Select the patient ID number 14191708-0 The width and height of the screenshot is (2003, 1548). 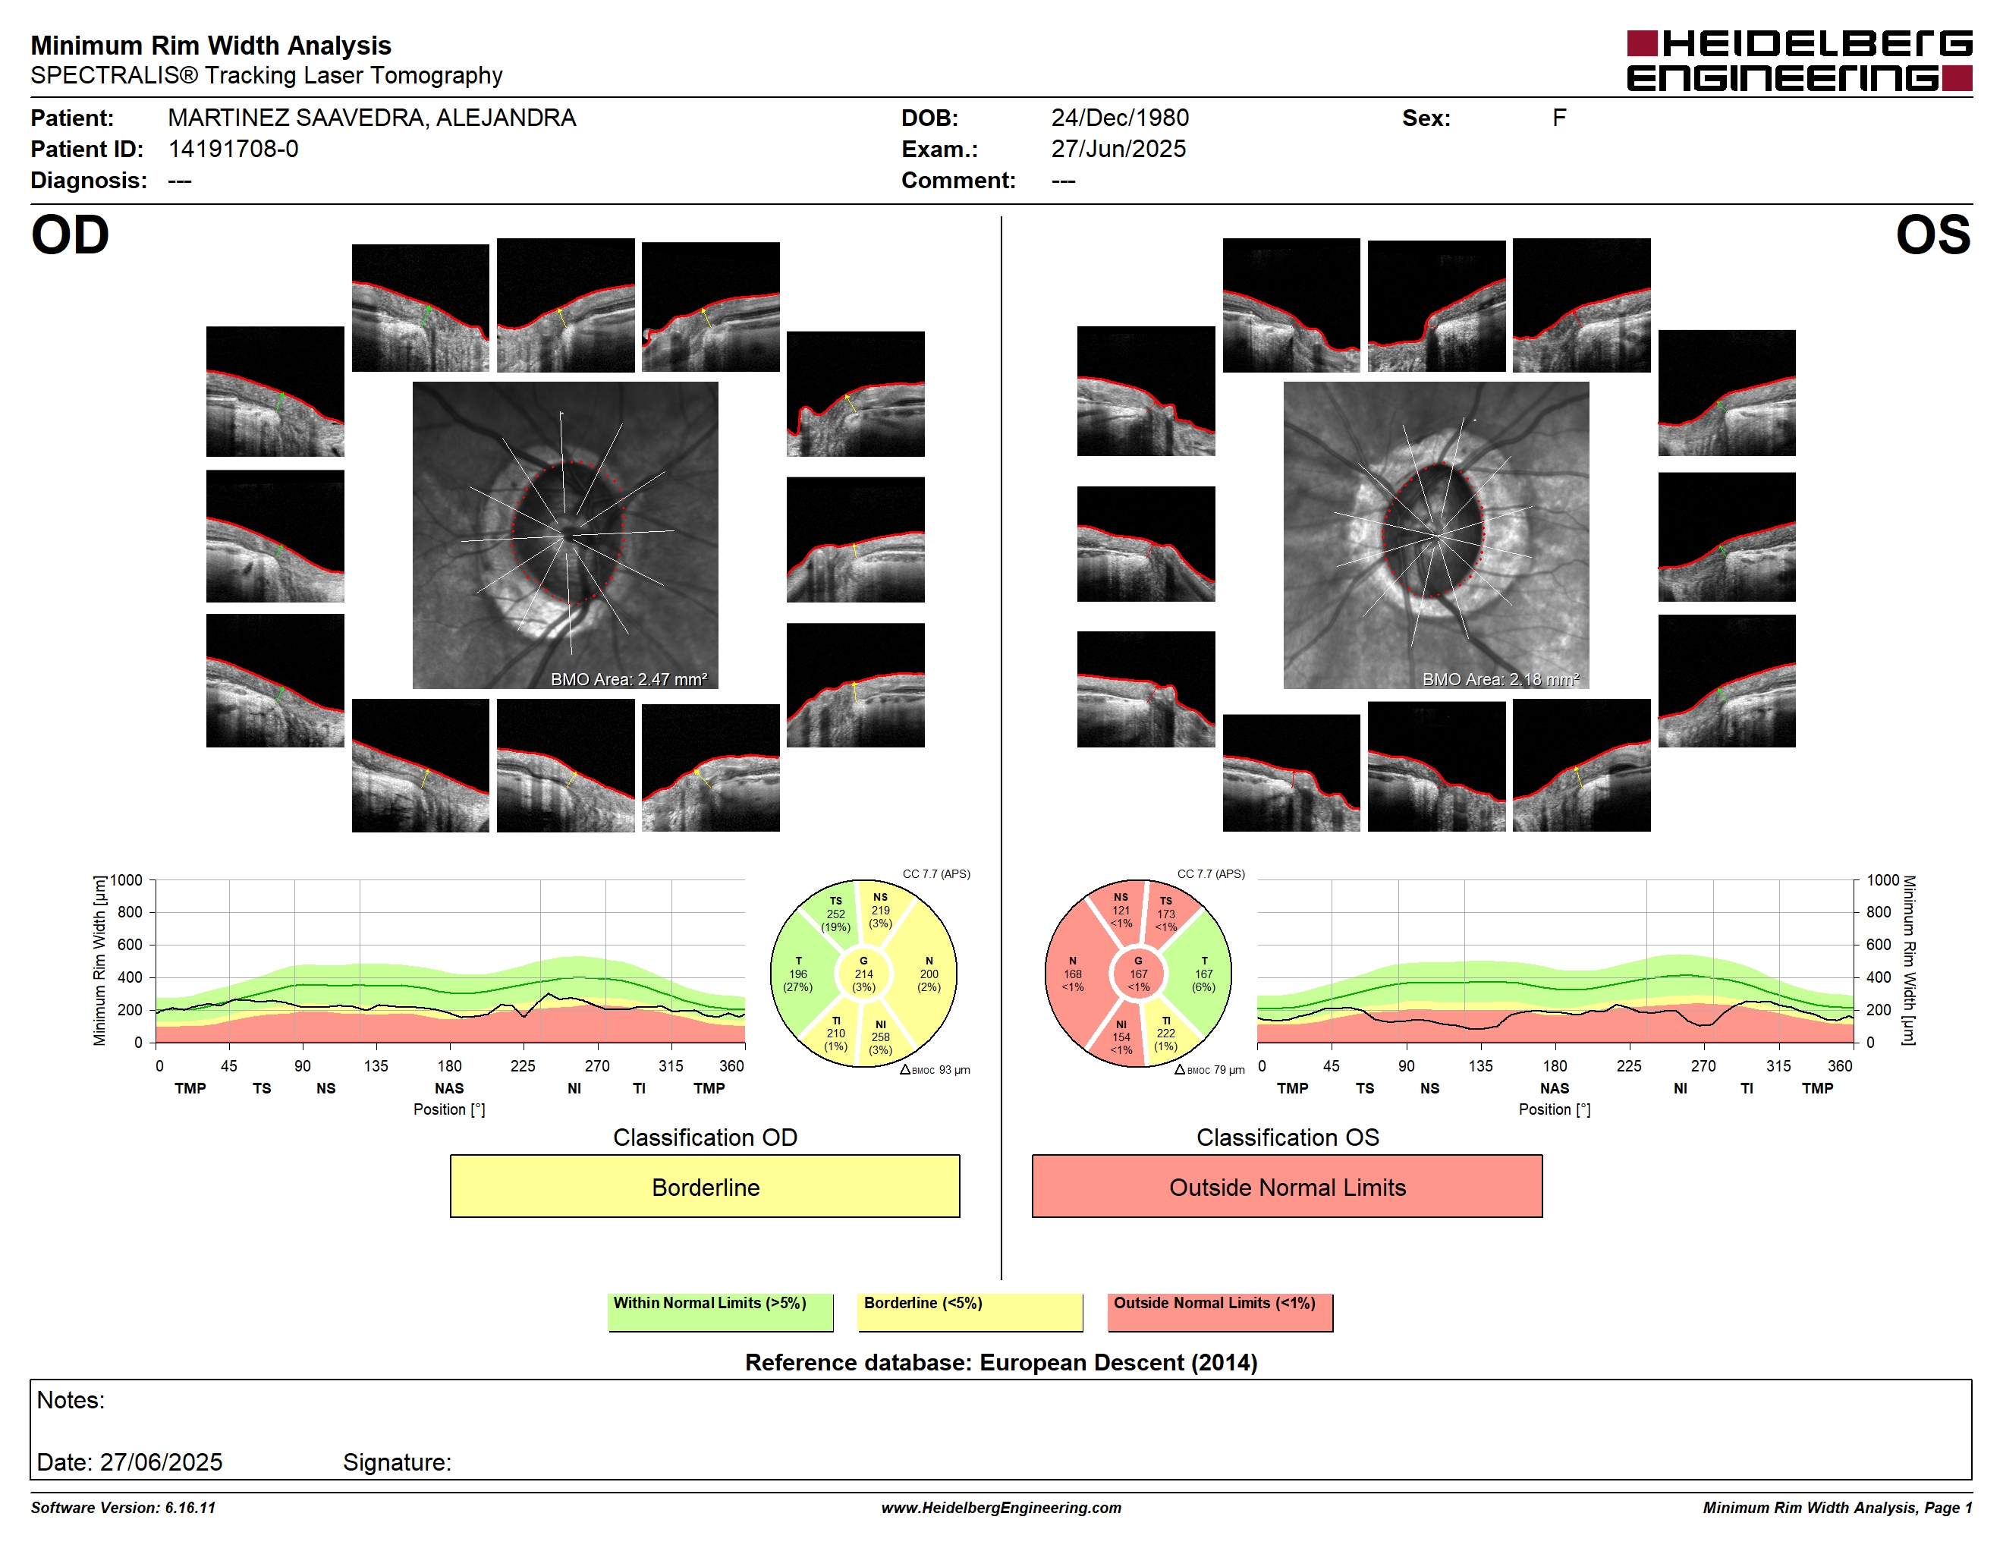click(233, 149)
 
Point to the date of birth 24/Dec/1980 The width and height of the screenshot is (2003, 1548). click(1120, 118)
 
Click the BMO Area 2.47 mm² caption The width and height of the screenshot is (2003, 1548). click(629, 680)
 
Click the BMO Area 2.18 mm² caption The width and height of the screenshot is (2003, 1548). click(1501, 680)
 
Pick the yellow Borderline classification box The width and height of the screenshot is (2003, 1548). click(704, 1186)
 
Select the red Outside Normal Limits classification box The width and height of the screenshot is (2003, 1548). click(1287, 1186)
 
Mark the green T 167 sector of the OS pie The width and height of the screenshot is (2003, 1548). click(1202, 974)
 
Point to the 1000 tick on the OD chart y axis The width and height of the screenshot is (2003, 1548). click(127, 880)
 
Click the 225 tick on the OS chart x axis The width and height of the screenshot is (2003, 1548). click(1629, 1065)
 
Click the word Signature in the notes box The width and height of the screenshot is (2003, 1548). click(397, 1461)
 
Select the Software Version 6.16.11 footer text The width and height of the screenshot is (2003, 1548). click(123, 1508)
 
